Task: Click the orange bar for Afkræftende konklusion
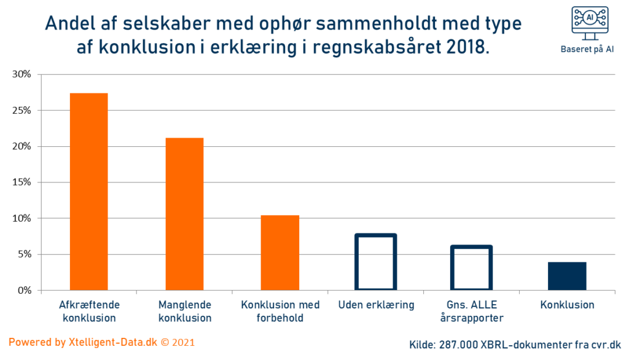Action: [x=88, y=191]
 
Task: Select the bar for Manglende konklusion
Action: [x=184, y=214]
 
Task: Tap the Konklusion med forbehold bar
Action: [x=280, y=252]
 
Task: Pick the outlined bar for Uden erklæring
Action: [x=375, y=262]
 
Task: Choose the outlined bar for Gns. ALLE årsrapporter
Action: [x=471, y=268]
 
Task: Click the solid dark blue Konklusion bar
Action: [x=567, y=276]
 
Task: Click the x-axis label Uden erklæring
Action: [x=376, y=305]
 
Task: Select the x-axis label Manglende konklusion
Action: [x=185, y=311]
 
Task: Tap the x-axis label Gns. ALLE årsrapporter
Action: [x=471, y=311]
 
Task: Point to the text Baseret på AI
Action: [x=587, y=50]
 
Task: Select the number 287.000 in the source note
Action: [x=458, y=345]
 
